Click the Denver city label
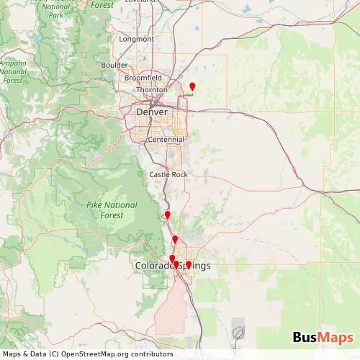click(x=151, y=112)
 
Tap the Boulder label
click(x=114, y=64)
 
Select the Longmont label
click(x=137, y=39)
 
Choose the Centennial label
click(x=164, y=139)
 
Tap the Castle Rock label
click(x=168, y=174)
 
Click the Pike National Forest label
click(x=111, y=210)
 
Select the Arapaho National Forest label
click(x=12, y=71)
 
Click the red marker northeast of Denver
click(x=192, y=87)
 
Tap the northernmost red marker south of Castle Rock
click(x=167, y=215)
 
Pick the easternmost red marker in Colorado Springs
click(x=189, y=265)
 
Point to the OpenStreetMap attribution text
click(x=86, y=354)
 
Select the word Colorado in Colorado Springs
click(x=154, y=266)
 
